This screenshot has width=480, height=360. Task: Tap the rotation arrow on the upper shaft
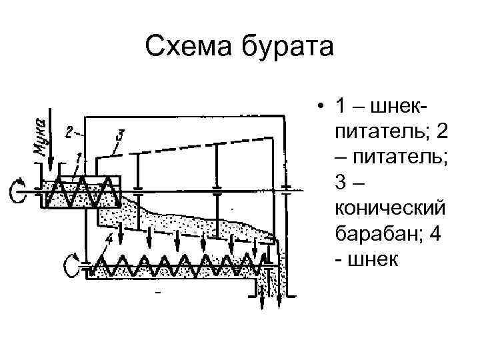click(16, 191)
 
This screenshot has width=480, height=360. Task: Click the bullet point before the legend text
click(321, 107)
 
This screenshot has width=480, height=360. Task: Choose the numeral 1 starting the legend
click(340, 107)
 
